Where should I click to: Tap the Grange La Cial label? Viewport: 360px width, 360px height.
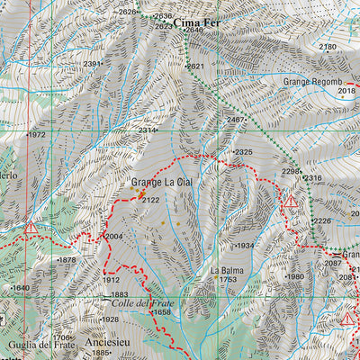(163, 184)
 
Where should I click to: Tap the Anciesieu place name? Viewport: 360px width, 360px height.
(106, 342)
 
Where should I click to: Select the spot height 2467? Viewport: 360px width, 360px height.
(236, 120)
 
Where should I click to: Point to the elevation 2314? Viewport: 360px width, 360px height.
(148, 130)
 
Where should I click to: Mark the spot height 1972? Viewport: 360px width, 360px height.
(35, 135)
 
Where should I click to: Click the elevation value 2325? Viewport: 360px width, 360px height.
(243, 152)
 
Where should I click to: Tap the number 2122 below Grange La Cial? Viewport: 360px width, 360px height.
(150, 200)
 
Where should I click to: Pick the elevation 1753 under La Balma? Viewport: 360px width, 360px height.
(227, 281)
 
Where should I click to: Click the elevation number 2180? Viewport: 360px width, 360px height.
(328, 47)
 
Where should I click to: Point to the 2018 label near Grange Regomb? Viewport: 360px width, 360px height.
(346, 91)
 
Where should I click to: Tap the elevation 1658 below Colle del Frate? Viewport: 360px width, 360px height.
(161, 312)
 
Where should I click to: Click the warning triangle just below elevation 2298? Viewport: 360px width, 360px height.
(291, 204)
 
